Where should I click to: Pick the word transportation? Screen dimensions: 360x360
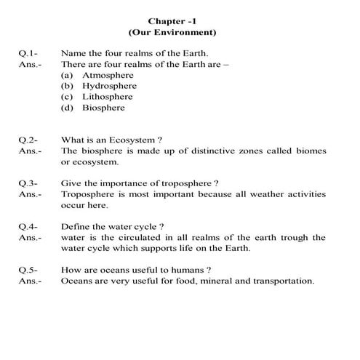pyautogui.click(x=280, y=281)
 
